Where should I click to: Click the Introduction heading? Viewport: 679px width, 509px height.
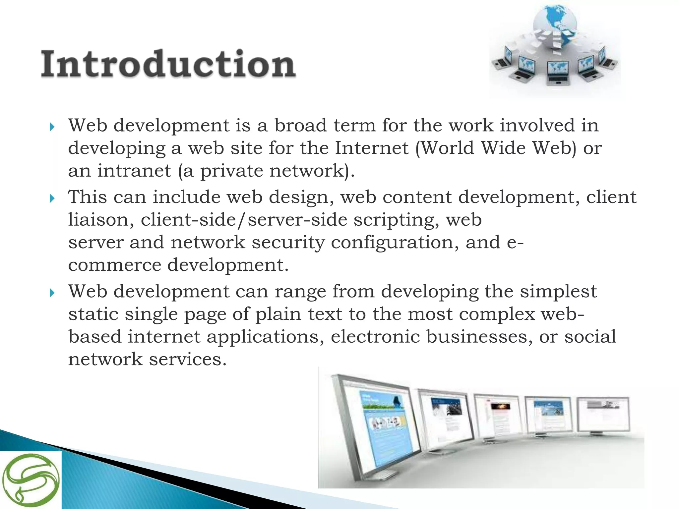[168, 64]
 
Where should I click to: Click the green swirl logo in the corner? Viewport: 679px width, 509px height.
[31, 480]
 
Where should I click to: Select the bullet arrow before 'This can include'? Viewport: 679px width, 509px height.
[52, 198]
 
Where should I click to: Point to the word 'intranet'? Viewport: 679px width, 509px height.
[134, 171]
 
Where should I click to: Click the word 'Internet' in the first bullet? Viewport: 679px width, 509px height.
[371, 148]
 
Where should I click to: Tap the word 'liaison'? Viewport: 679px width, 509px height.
[101, 220]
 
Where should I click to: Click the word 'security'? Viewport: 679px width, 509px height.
[288, 243]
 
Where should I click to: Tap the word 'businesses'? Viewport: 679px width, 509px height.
[479, 337]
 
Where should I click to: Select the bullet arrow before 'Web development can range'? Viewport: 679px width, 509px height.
[52, 293]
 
